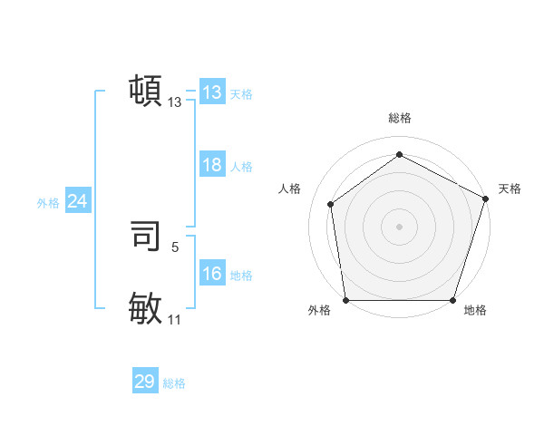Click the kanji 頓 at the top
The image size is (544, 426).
(x=146, y=91)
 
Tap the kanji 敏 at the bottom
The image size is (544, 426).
(x=146, y=308)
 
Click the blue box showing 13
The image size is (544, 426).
(x=211, y=92)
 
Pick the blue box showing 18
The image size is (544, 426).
(x=211, y=165)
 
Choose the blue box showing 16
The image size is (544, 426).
(x=211, y=274)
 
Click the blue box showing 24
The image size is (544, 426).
(x=77, y=201)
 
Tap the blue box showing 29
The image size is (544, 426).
(x=145, y=382)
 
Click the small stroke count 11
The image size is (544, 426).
(x=175, y=319)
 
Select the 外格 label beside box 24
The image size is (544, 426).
(x=48, y=203)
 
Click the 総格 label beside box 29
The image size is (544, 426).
(x=174, y=383)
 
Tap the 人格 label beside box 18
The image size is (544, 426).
(x=241, y=167)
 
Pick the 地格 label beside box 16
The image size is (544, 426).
(x=241, y=276)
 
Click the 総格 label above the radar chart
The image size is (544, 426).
(x=399, y=118)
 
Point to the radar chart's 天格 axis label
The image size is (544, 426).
(x=510, y=189)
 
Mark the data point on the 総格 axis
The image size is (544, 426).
(x=399, y=155)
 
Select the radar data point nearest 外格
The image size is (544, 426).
(x=345, y=300)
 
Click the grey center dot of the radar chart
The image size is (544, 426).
(x=399, y=226)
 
